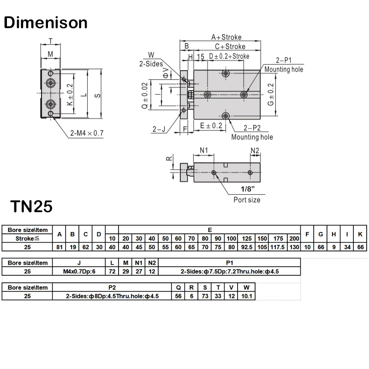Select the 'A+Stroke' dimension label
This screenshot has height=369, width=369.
(226, 37)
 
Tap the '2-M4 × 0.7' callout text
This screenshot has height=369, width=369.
(87, 133)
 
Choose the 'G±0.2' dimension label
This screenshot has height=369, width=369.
(271, 95)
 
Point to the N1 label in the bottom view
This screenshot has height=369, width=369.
(204, 150)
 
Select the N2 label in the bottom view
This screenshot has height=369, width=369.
(255, 150)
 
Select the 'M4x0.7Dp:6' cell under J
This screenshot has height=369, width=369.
(79, 271)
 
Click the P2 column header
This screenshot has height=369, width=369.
(112, 287)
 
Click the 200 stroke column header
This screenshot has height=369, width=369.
(294, 238)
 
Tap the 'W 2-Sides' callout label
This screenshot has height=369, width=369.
(148, 60)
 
